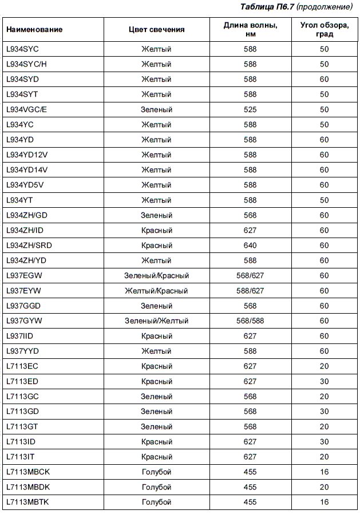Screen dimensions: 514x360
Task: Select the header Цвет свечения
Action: (156, 30)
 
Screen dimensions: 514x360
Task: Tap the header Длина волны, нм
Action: (250, 30)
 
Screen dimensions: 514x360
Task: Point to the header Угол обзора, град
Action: (324, 30)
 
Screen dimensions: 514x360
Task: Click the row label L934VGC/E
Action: (26, 109)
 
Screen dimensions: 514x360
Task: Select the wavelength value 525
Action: (250, 109)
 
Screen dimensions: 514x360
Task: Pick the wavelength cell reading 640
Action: (250, 246)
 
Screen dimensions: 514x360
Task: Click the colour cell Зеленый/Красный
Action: (156, 276)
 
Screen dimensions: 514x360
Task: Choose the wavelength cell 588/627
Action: (250, 291)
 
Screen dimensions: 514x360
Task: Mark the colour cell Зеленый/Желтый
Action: (156, 321)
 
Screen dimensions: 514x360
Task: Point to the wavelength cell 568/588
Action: (250, 321)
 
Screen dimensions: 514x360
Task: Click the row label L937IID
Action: (22, 336)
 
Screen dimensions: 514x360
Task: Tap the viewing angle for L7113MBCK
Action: (324, 472)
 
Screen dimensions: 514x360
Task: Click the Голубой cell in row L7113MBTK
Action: (156, 503)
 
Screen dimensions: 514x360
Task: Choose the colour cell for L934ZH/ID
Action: (156, 230)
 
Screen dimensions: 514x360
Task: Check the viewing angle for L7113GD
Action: (324, 412)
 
